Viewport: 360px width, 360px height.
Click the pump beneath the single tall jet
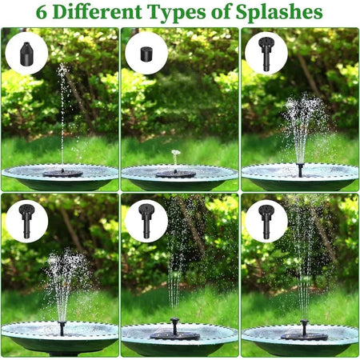(62, 173)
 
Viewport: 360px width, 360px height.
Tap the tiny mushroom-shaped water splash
(176, 153)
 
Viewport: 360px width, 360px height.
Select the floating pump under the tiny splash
(175, 173)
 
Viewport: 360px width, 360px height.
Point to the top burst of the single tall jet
(62, 70)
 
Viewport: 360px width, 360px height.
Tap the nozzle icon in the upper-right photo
(266, 53)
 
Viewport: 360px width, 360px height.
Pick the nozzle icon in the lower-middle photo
(146, 219)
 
